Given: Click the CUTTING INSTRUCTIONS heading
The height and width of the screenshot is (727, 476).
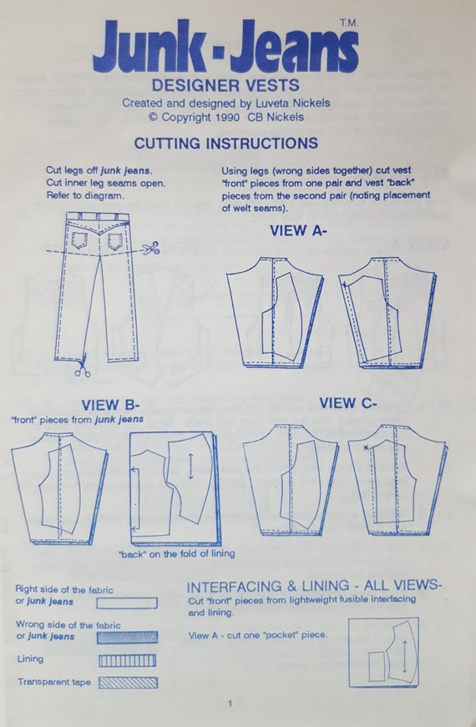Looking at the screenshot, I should [x=225, y=143].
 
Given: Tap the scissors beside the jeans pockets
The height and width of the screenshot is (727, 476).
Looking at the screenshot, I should [x=150, y=249].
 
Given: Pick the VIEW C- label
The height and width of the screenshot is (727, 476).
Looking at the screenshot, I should [x=348, y=403].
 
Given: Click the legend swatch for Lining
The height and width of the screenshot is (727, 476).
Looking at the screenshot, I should [x=127, y=660].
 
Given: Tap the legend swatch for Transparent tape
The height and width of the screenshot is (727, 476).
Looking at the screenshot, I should [x=127, y=682].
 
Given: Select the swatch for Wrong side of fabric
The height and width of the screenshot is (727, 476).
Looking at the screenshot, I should [x=127, y=636].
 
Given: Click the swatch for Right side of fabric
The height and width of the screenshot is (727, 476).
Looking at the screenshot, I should [x=127, y=602].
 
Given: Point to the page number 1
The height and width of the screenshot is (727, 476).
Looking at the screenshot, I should [x=230, y=704].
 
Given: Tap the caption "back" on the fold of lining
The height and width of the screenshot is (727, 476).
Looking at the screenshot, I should [x=176, y=553].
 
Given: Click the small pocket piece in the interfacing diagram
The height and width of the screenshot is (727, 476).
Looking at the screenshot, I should [x=377, y=665].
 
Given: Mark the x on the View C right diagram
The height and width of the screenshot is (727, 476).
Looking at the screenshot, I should [x=366, y=447].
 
